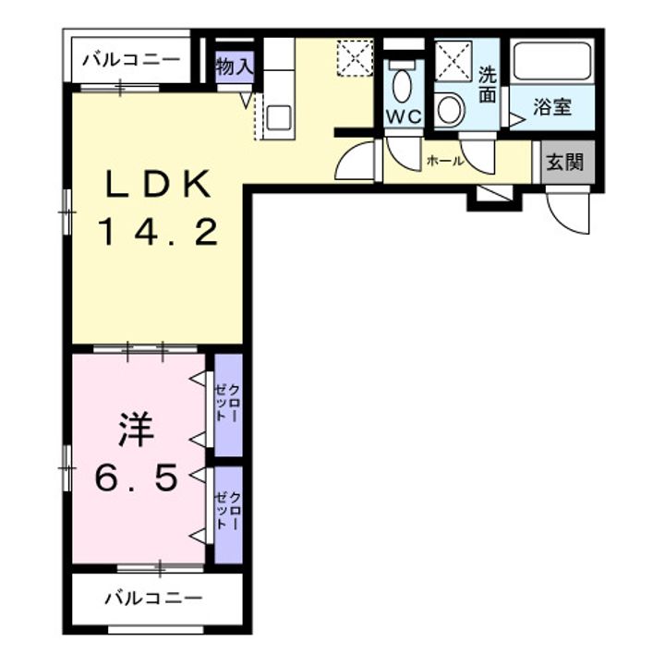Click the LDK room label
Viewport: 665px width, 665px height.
[158, 184]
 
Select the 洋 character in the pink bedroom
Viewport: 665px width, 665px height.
[136, 429]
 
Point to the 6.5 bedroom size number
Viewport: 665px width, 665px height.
[136, 478]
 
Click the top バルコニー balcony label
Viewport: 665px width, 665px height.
[131, 60]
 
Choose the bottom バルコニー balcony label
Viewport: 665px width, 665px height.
[153, 598]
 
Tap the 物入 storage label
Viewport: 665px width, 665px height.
[235, 66]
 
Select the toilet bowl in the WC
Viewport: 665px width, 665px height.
[402, 87]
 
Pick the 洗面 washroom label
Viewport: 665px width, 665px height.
[488, 85]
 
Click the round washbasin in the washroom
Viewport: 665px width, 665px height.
[451, 110]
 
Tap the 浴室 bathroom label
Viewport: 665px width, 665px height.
[552, 107]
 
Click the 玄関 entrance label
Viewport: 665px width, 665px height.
[564, 162]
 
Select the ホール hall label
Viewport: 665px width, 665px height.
[445, 161]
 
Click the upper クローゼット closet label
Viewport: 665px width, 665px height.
[228, 403]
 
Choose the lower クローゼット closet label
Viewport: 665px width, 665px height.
[228, 511]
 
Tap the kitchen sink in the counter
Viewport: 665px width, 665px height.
[279, 117]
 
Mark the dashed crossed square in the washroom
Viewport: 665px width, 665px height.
[453, 60]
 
